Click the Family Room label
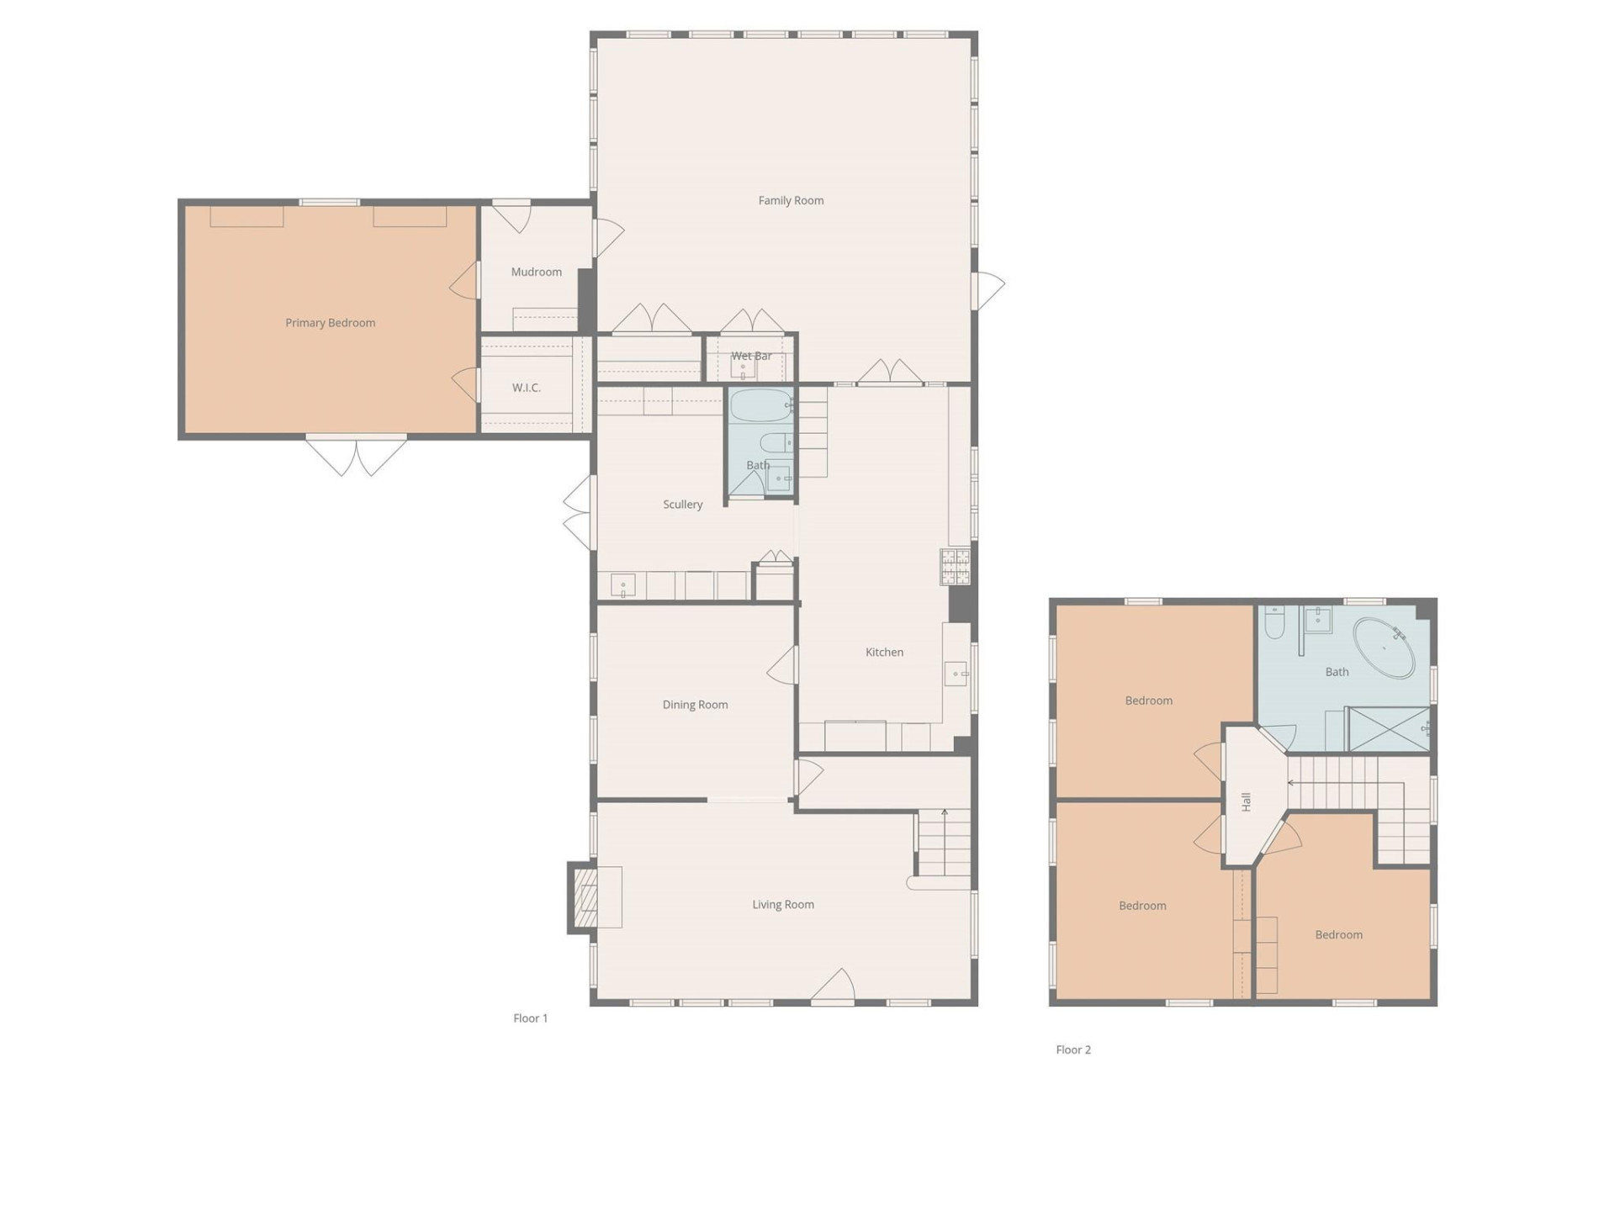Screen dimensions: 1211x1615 791,200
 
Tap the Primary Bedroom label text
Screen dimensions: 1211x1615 330,323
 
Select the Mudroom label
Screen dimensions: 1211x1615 536,272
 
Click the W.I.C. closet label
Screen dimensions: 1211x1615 527,388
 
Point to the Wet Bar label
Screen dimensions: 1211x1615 750,356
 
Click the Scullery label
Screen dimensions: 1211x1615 682,505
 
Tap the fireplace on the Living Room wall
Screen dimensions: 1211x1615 585,897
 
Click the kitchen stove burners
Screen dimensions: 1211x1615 955,566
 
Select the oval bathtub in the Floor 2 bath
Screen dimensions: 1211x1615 1384,648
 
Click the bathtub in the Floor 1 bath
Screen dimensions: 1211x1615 760,405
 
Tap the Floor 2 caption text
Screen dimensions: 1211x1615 1073,1050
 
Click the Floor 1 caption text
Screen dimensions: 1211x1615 530,1018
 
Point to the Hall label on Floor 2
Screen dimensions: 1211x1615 1247,801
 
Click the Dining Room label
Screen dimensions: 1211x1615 695,705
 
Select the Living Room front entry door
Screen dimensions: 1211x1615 833,989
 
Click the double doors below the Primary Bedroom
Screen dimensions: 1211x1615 357,456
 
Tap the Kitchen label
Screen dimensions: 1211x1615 884,653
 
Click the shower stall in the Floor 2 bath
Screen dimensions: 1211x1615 1389,729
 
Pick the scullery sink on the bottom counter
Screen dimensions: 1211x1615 622,584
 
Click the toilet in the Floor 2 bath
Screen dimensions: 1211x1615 1274,623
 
